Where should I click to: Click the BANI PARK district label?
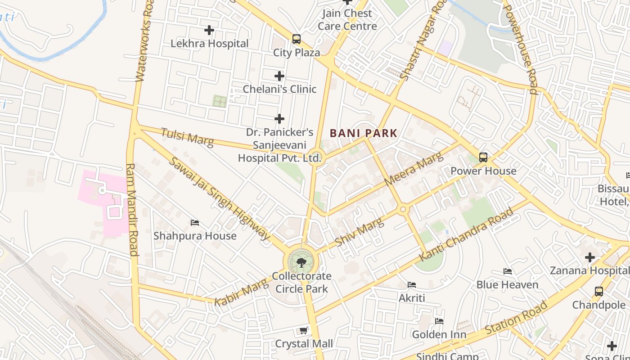364,133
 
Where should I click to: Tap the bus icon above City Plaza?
296,39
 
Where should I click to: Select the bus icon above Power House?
483,157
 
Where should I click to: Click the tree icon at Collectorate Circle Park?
301,262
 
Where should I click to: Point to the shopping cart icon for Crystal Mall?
304,331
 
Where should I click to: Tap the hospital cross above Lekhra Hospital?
209,30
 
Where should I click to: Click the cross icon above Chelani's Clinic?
279,76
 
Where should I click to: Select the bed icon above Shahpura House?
195,223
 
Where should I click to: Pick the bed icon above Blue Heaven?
507,271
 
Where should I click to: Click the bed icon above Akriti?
411,284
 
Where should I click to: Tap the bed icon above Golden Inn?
439,321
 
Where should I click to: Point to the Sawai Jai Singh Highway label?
219,198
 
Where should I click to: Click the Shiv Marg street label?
359,231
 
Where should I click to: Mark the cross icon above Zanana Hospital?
589,257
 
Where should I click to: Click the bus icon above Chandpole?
598,292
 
